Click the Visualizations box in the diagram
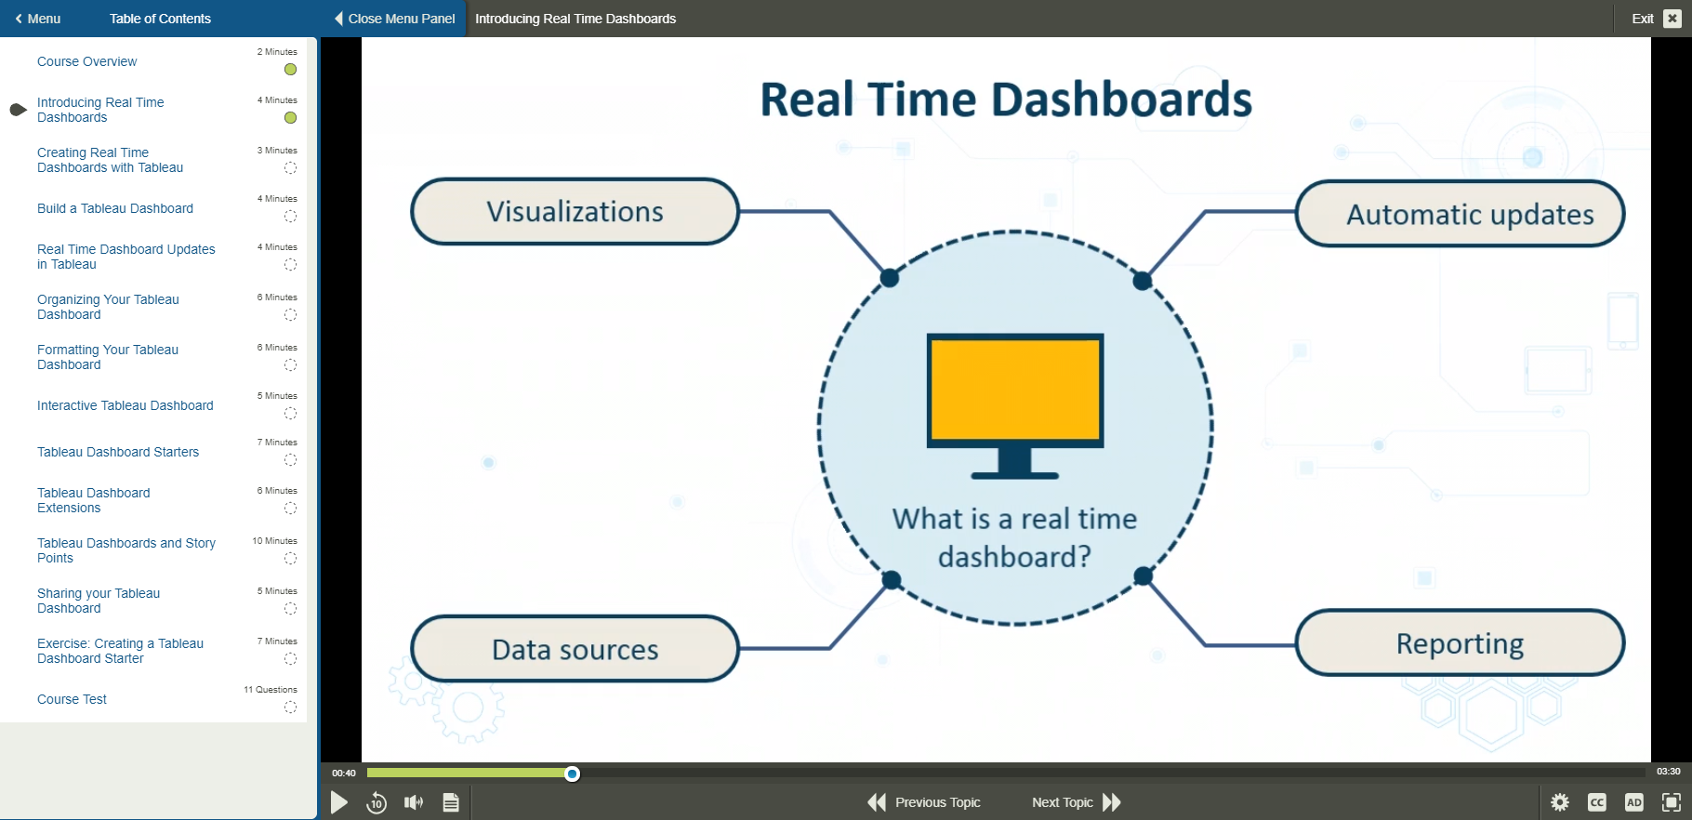coord(575,212)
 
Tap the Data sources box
coord(575,649)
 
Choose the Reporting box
coord(1460,643)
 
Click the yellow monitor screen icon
coord(1014,390)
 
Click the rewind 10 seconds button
coord(377,802)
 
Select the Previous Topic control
coord(924,802)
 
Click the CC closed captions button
coord(1597,802)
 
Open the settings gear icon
coord(1560,802)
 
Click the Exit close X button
coord(1672,19)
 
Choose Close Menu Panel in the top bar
coord(394,19)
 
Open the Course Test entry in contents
coord(72,699)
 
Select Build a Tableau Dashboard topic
coord(115,208)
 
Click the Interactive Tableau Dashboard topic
coord(125,405)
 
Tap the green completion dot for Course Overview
coord(290,70)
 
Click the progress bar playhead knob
coord(573,774)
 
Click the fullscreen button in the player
coord(1671,802)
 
